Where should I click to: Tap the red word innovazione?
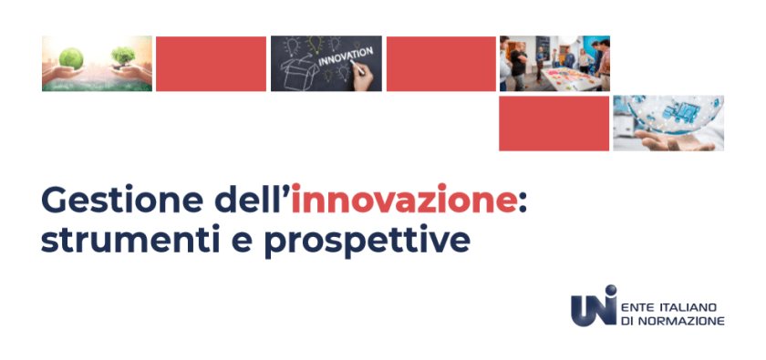403,199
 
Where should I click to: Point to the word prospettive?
367,242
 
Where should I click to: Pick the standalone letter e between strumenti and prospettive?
242,243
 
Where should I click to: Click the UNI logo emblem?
594,306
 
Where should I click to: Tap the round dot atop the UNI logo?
610,291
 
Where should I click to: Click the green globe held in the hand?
71,57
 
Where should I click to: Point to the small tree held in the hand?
123,57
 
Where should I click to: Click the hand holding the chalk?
364,77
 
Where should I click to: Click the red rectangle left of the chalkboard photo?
211,64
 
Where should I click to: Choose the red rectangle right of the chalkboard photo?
441,64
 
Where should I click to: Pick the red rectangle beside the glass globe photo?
554,124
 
